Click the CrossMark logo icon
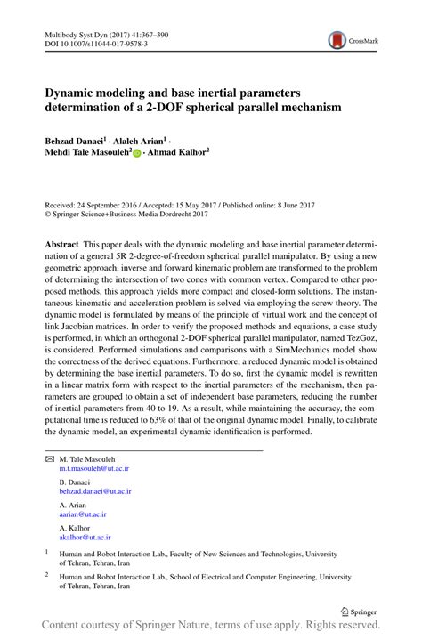click(337, 39)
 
